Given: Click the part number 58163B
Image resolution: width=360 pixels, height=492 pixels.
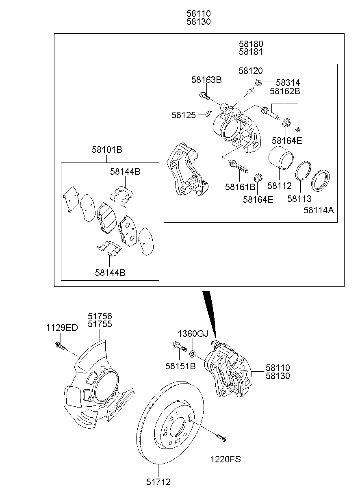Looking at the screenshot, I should click(206, 80).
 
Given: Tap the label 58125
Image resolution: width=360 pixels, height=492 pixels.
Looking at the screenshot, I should click(184, 115).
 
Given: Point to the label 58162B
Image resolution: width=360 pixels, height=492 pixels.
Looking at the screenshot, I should click(285, 91).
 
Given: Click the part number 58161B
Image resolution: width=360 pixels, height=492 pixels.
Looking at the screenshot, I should click(240, 187).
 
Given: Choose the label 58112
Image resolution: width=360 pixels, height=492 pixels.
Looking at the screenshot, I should click(280, 186).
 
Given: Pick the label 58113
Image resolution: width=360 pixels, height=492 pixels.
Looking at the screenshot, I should click(299, 199).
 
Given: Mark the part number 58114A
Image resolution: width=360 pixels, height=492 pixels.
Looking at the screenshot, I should click(319, 210).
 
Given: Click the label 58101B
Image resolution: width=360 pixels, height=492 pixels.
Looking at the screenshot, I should click(107, 150).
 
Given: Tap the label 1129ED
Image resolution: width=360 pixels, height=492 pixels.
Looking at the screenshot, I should click(61, 328).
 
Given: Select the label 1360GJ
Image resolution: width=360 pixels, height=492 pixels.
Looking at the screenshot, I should click(193, 334).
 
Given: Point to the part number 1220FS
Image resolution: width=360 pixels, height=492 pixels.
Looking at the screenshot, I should click(225, 459).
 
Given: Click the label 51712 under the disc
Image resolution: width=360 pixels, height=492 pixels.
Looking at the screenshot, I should click(158, 482).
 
